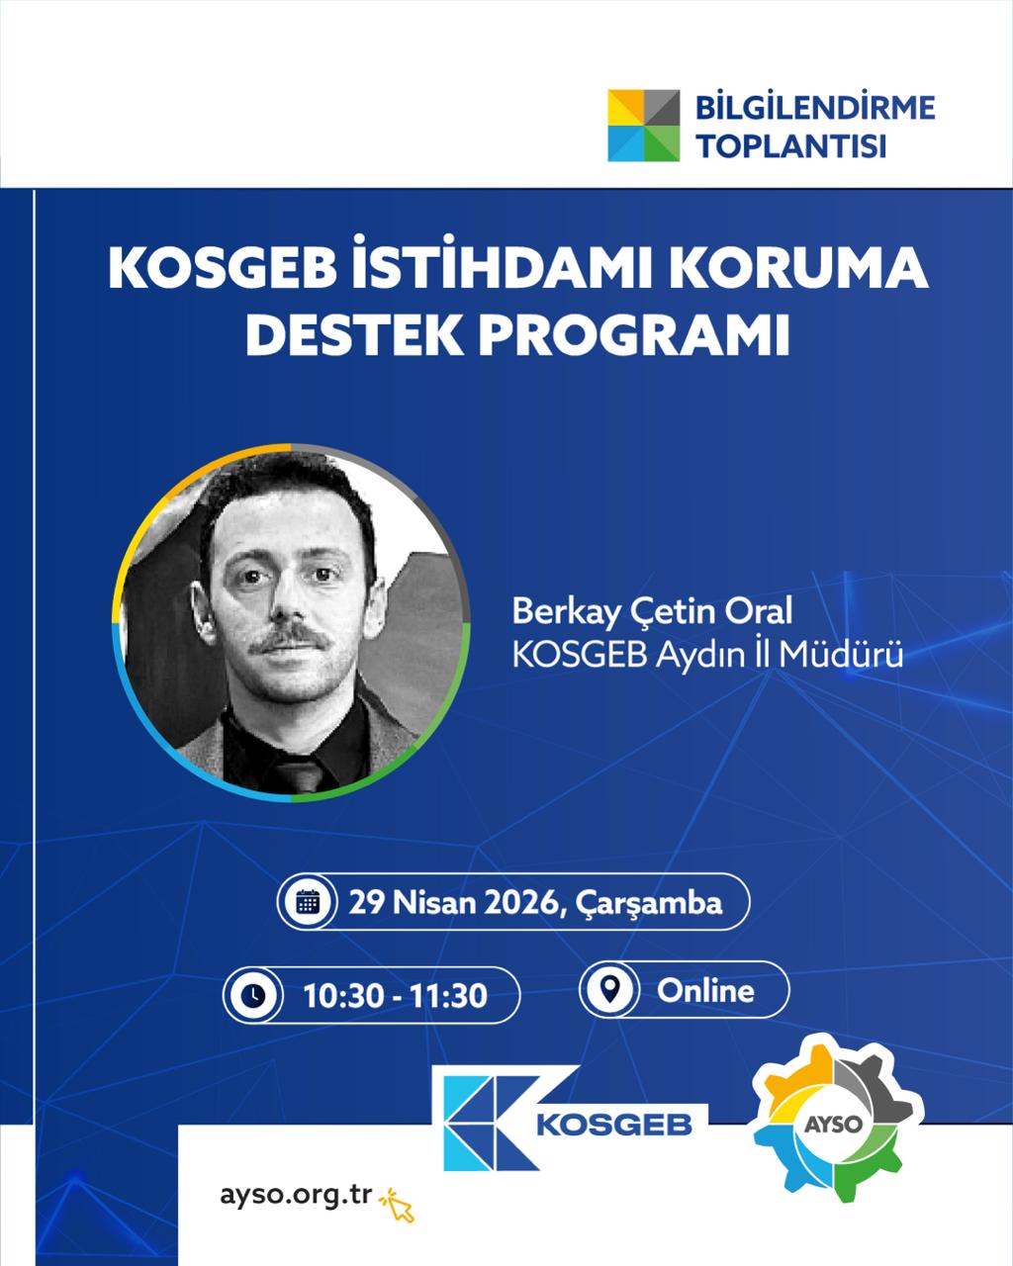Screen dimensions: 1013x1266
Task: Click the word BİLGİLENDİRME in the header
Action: click(x=815, y=108)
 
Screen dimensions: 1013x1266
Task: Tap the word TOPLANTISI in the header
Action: click(x=791, y=146)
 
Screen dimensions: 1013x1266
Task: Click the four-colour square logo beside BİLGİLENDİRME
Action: click(x=643, y=126)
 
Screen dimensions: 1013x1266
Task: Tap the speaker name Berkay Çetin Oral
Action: click(x=652, y=612)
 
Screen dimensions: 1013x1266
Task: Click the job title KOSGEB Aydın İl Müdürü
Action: click(x=707, y=655)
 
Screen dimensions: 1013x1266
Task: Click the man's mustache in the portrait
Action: click(x=288, y=637)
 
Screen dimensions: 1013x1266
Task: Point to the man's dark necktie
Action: click(x=300, y=770)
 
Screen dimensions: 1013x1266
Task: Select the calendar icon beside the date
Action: click(x=308, y=902)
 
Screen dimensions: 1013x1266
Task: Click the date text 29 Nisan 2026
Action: click(x=453, y=903)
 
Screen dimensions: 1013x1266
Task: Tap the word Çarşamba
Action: click(x=648, y=904)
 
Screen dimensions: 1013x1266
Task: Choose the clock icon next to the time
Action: click(x=253, y=995)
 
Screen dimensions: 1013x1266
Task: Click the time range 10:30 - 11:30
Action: click(x=395, y=996)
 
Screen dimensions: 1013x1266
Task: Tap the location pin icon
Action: click(x=609, y=989)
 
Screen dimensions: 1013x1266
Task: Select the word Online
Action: click(x=705, y=991)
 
